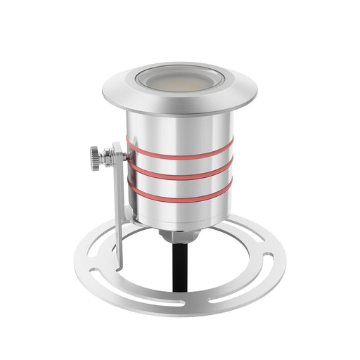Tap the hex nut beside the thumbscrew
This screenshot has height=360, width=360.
coord(108,156)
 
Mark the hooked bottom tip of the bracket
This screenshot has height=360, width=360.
coord(120,266)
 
